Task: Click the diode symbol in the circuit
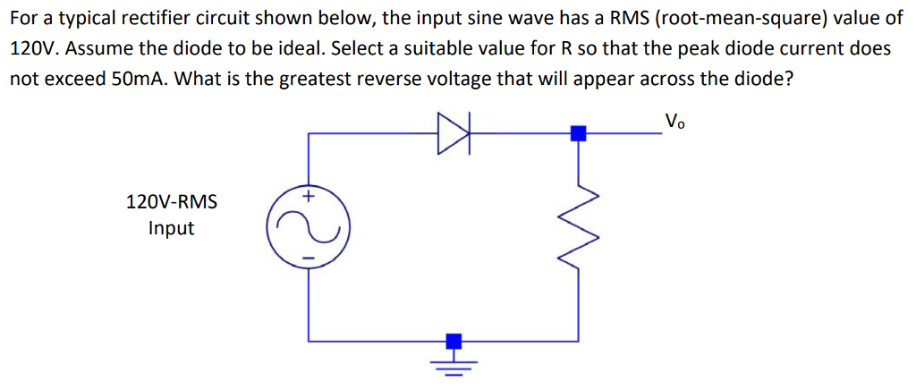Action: point(454,134)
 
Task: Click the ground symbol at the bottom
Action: point(454,366)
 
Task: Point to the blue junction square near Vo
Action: point(578,134)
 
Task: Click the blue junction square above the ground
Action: point(454,341)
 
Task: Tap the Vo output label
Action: point(674,121)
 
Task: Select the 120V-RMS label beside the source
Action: point(172,201)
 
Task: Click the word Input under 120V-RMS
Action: point(172,228)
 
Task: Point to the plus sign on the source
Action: point(310,195)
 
